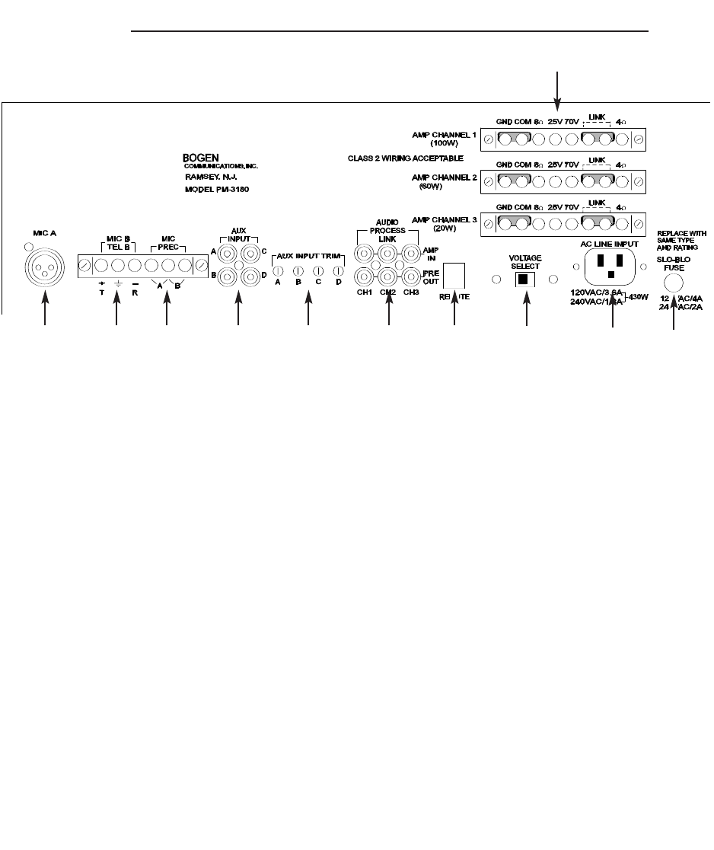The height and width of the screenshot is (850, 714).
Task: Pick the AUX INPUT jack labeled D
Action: pos(251,276)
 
